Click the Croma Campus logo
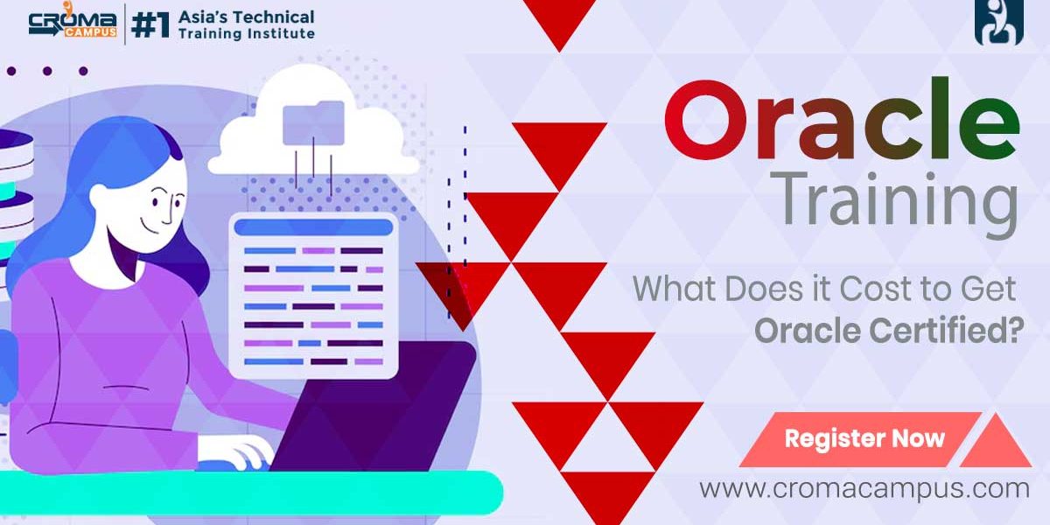(x=73, y=22)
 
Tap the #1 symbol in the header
(x=150, y=25)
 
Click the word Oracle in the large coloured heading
(x=842, y=119)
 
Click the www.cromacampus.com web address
(x=864, y=489)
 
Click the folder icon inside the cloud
(x=313, y=122)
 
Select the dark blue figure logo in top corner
(x=999, y=22)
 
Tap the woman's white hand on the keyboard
(x=237, y=452)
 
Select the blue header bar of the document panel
(x=313, y=227)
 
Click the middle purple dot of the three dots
(x=47, y=71)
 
